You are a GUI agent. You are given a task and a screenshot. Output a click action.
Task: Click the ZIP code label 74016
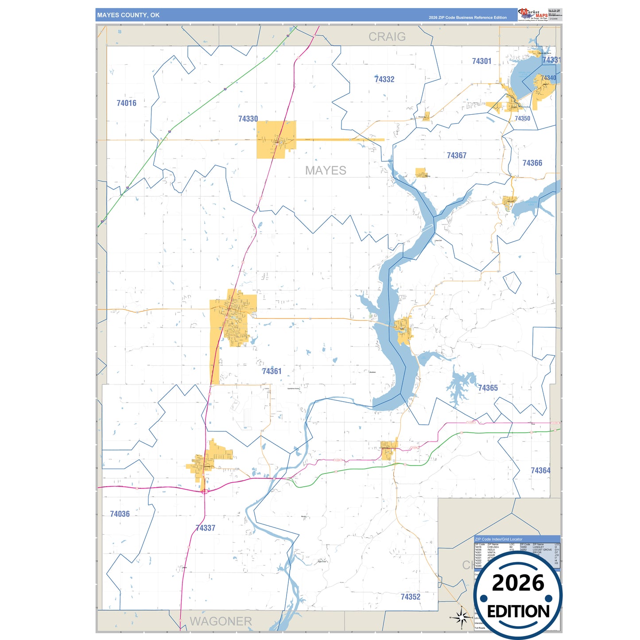click(126, 103)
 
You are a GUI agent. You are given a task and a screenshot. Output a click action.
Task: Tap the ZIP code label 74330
click(248, 119)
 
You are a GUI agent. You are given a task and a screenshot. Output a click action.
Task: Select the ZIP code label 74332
click(384, 79)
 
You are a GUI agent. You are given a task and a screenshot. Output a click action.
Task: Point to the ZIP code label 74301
click(481, 61)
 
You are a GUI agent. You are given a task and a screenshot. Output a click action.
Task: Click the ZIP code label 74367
click(456, 155)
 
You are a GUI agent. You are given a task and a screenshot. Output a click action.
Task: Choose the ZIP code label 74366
click(532, 163)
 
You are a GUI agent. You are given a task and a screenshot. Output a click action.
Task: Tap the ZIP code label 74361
click(272, 371)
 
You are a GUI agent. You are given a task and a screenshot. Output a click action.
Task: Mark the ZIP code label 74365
click(488, 388)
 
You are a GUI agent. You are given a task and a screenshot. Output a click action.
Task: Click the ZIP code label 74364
click(540, 470)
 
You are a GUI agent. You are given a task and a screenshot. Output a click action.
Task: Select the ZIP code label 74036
click(120, 514)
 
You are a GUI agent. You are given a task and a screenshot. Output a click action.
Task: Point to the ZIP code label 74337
click(205, 528)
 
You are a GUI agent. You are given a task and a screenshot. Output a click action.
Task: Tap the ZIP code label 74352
click(410, 597)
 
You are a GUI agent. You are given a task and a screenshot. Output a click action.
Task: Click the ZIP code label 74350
click(522, 118)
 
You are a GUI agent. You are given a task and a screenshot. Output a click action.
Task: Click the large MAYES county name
click(326, 171)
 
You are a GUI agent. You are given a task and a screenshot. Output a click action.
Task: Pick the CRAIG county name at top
click(387, 37)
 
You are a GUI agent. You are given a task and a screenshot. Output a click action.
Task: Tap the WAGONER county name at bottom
click(221, 621)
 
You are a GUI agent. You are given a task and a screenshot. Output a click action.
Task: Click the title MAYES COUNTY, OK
click(128, 15)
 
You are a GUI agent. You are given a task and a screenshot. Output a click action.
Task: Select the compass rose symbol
click(461, 617)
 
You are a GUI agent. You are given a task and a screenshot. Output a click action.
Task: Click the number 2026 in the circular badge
click(518, 583)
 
